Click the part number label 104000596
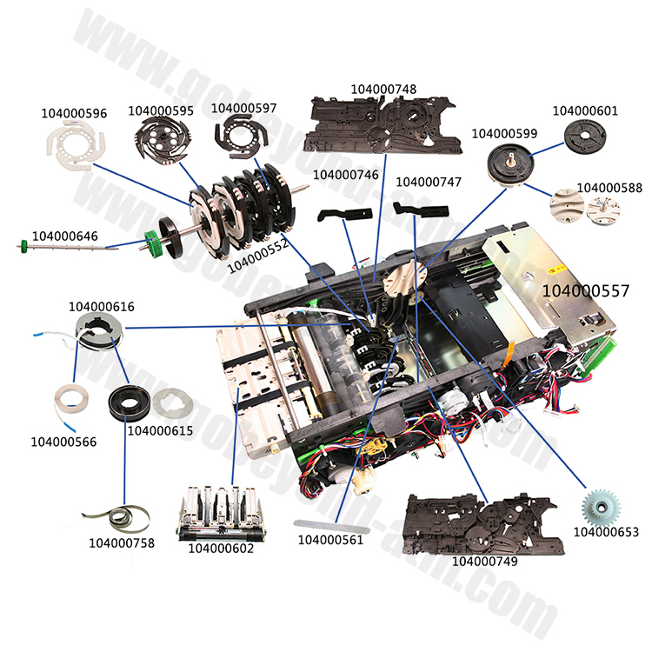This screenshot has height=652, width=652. pyautogui.click(x=75, y=113)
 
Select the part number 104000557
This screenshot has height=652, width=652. pyautogui.click(x=586, y=290)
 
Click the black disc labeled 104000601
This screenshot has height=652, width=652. pyautogui.click(x=583, y=136)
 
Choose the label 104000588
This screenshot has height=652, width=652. pyautogui.click(x=609, y=188)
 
